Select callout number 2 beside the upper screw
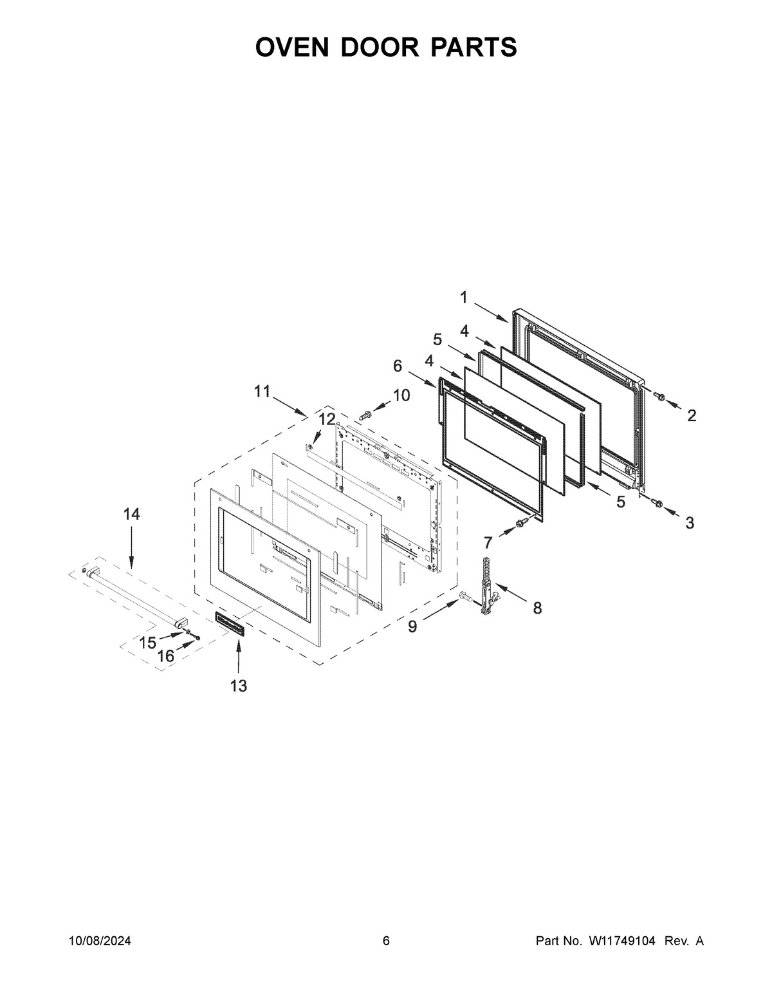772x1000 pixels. (x=692, y=416)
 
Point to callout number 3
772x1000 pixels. (x=690, y=523)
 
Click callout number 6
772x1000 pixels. (x=398, y=366)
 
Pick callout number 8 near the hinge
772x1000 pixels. (x=537, y=607)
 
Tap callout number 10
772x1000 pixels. (x=401, y=395)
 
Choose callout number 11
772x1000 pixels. (x=262, y=391)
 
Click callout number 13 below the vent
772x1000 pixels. (x=239, y=686)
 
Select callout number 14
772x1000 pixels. (x=131, y=514)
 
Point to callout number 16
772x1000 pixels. (x=165, y=656)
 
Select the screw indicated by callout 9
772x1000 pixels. (x=463, y=599)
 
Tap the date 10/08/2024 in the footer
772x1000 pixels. (x=100, y=941)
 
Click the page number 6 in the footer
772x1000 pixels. (x=386, y=941)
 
